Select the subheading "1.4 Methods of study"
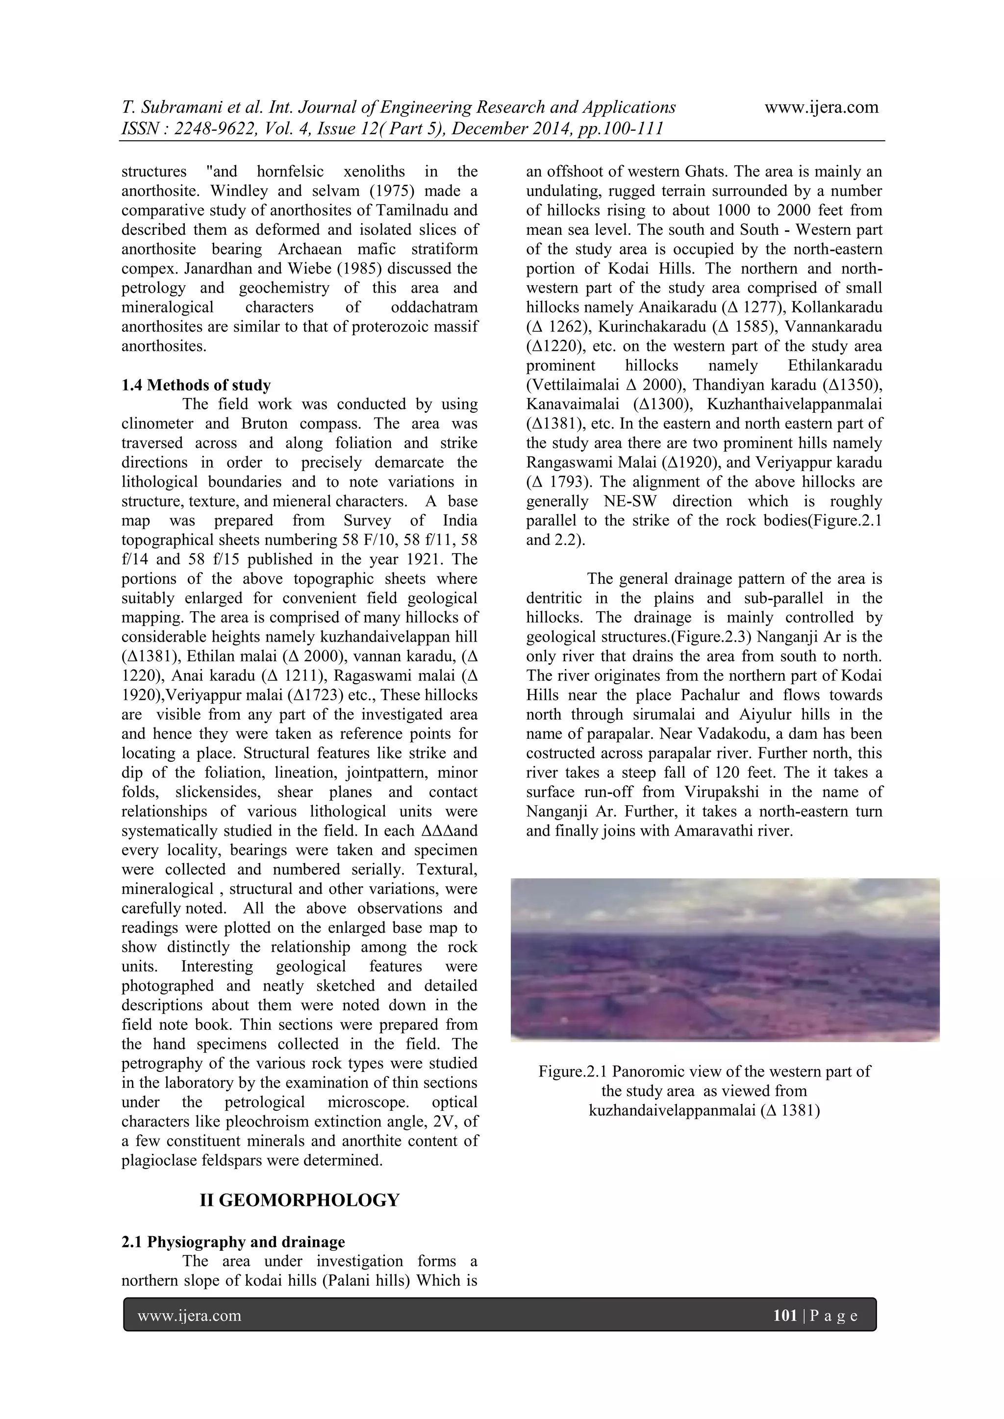(196, 385)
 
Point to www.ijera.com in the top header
(821, 107)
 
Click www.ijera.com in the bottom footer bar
(189, 1316)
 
